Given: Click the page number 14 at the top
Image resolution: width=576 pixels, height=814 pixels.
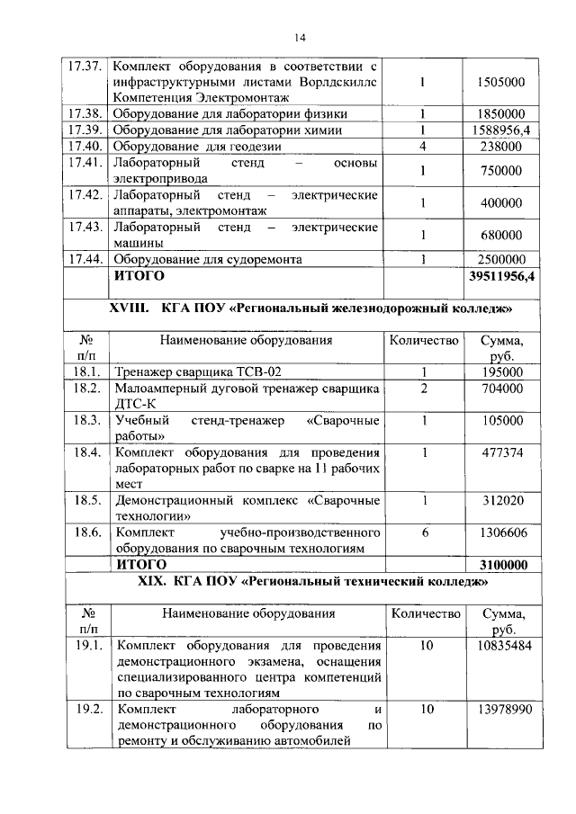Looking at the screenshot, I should [x=300, y=37].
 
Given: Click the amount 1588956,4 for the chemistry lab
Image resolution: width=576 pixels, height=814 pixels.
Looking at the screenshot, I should [x=501, y=130].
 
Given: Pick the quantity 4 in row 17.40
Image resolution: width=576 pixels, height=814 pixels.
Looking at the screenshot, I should [x=422, y=147].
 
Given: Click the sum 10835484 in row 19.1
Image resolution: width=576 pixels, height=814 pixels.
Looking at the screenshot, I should [x=501, y=647].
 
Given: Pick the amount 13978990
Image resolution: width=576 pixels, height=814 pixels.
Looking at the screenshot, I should [x=501, y=710].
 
